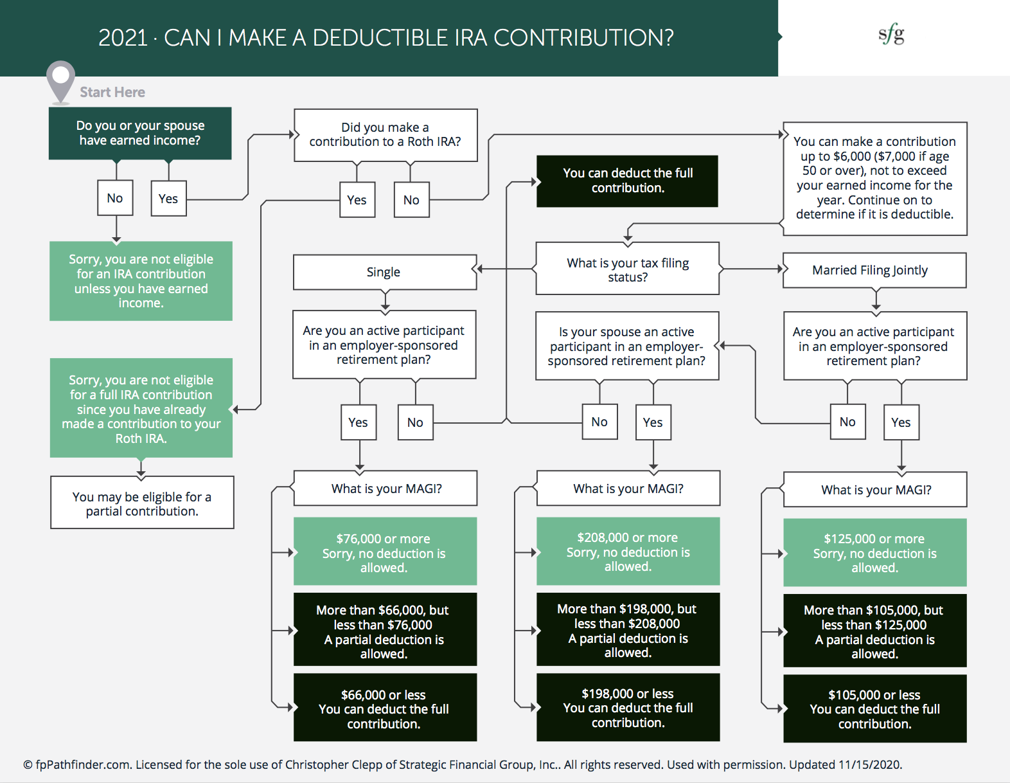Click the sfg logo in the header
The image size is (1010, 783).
[891, 34]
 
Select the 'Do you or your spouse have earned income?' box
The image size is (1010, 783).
[140, 133]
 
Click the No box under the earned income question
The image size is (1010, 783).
[115, 198]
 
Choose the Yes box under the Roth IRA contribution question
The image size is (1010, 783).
[357, 200]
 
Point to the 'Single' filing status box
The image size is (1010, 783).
[384, 272]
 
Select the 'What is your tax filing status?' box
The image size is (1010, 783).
[627, 269]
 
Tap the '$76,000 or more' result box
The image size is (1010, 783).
[385, 552]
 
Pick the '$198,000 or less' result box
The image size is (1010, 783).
[628, 708]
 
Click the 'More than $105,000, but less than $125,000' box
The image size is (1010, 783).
[874, 631]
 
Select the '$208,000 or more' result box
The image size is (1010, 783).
[628, 552]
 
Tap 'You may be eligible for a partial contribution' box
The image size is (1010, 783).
[142, 503]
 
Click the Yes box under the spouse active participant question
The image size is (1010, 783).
[653, 422]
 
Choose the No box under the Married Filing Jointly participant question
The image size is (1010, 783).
[847, 422]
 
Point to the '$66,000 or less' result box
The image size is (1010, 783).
[385, 708]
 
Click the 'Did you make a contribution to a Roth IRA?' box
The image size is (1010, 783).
[385, 135]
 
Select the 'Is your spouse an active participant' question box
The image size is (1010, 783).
[627, 346]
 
